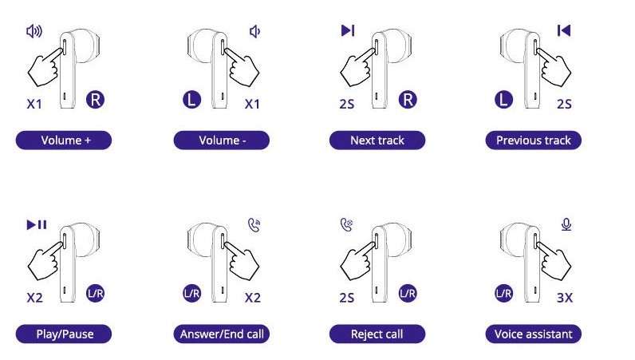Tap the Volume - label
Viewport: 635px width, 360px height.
222,140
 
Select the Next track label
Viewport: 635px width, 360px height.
377,140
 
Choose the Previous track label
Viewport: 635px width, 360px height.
534,140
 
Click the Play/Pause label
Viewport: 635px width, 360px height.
64,334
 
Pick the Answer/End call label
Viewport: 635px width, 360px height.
222,334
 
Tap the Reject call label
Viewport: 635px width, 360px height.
377,334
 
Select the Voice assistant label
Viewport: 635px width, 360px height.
534,334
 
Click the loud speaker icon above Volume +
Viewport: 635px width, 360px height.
34,31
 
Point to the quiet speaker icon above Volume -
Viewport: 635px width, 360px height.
254,31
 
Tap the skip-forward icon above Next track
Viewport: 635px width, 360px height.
348,30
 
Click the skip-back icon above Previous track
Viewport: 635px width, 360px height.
564,30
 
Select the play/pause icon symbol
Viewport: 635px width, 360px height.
37,224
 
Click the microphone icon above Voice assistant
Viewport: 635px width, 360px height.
566,224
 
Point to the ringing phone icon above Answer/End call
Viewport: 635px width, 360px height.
254,225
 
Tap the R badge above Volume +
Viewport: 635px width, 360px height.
95,100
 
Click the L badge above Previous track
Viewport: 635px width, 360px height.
504,100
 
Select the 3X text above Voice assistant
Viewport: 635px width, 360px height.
565,298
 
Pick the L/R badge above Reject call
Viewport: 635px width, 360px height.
408,294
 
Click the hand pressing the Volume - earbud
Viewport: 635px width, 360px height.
243,67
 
